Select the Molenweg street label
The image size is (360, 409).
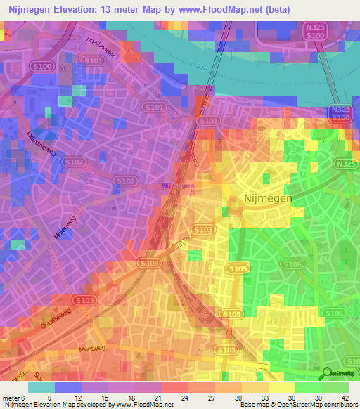pos(67,227)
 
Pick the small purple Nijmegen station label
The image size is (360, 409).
pos(178,186)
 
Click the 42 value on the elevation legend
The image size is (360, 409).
pos(344,398)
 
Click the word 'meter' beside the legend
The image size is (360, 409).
pos(10,398)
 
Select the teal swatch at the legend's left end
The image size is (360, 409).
pos(41,387)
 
